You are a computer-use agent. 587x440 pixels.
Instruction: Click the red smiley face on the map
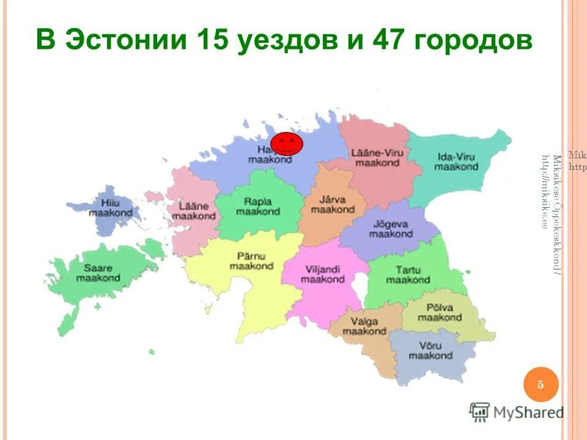click(286, 144)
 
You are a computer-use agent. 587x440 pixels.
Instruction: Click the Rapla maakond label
click(257, 206)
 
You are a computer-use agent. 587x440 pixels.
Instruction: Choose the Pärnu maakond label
click(251, 261)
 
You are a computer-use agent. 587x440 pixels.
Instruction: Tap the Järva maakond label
click(333, 204)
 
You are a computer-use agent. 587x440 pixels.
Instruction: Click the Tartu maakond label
click(408, 274)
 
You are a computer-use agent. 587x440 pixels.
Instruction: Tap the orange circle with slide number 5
click(541, 384)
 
